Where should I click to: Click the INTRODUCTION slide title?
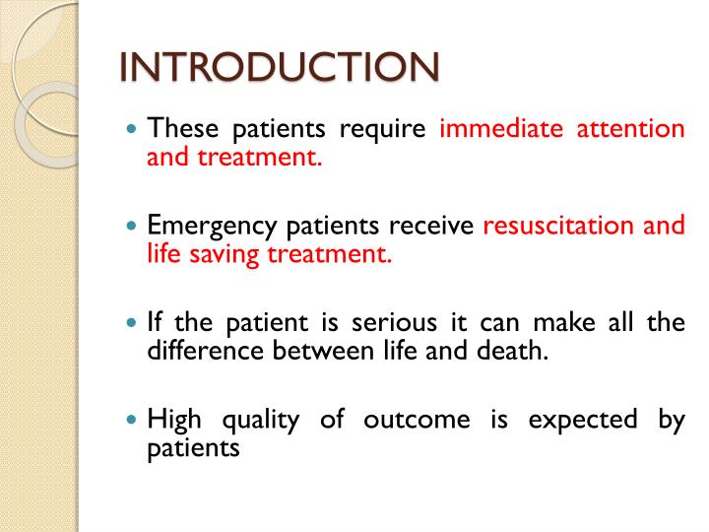click(x=280, y=67)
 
